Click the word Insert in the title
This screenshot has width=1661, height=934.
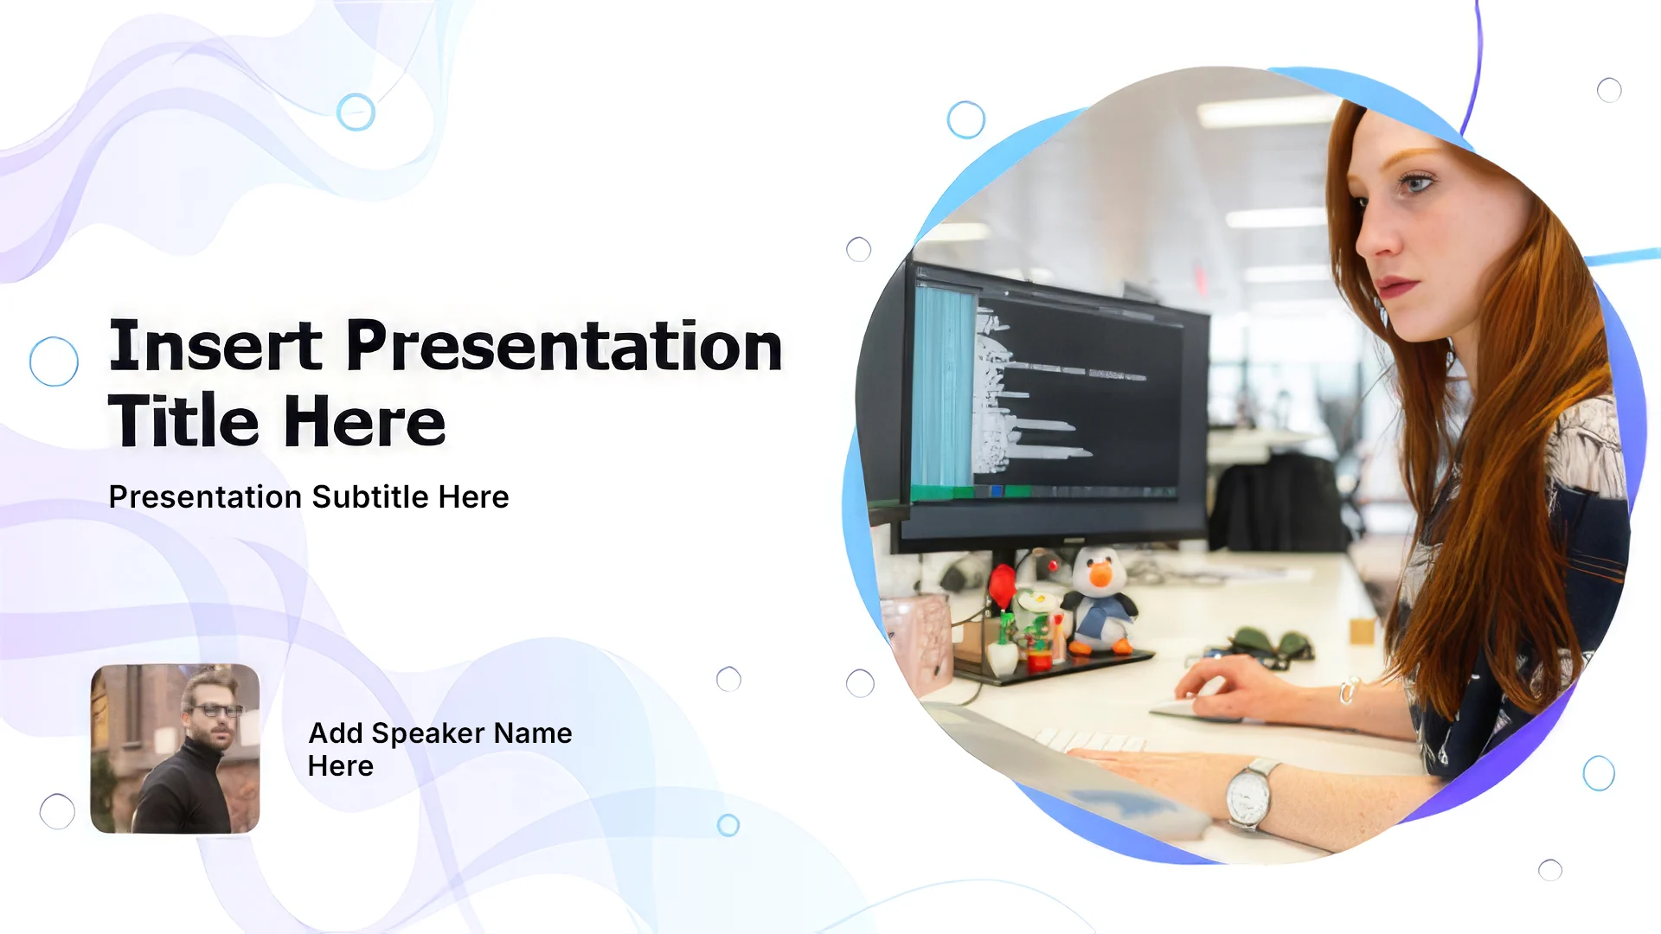click(215, 346)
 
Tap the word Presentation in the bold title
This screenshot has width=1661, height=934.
click(564, 346)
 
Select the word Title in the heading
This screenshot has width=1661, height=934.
click(183, 421)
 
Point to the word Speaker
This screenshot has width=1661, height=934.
click(428, 734)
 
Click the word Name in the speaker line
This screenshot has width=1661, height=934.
click(533, 733)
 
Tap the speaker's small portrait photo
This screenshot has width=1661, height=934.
click(175, 749)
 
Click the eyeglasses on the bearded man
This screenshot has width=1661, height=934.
click(215, 711)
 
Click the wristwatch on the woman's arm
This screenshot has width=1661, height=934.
click(1248, 794)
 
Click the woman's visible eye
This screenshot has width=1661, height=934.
click(1415, 182)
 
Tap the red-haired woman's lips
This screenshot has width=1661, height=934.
click(1394, 286)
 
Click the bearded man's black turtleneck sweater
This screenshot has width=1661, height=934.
click(183, 791)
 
